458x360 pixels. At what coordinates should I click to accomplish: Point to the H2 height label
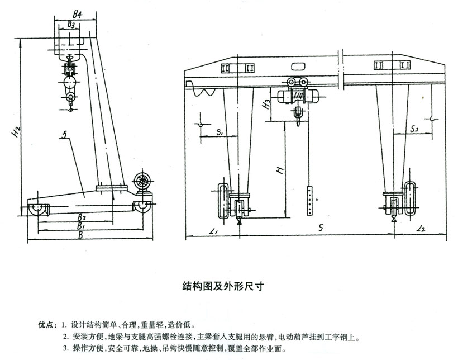click(x=18, y=132)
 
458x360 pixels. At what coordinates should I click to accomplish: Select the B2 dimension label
click(x=82, y=216)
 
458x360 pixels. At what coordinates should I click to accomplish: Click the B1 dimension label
click(x=81, y=226)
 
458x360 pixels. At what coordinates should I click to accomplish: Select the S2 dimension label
click(x=414, y=130)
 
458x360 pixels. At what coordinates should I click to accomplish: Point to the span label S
click(x=319, y=228)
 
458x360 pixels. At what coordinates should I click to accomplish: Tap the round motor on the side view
click(x=142, y=182)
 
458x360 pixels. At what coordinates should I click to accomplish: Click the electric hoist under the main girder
click(x=302, y=98)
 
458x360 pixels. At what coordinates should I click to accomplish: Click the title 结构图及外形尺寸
click(x=223, y=285)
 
